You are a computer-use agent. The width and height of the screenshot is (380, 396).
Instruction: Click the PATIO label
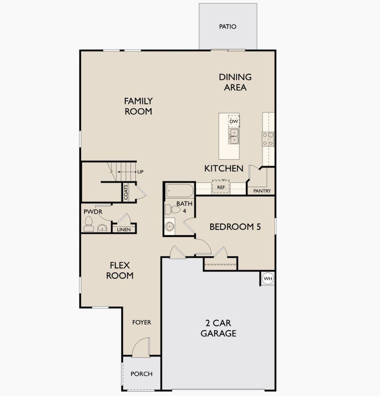pyautogui.click(x=228, y=27)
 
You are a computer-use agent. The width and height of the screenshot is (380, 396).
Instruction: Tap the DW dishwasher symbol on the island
pyautogui.click(x=234, y=121)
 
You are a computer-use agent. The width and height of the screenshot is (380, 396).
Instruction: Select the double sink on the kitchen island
pyautogui.click(x=234, y=136)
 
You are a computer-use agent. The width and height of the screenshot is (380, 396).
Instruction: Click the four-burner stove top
pyautogui.click(x=268, y=139)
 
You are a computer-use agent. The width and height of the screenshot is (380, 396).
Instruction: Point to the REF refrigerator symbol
pyautogui.click(x=221, y=187)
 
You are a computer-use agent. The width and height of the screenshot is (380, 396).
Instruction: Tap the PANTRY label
pyautogui.click(x=262, y=191)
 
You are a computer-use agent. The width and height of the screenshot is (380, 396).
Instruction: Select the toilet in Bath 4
pyautogui.click(x=172, y=209)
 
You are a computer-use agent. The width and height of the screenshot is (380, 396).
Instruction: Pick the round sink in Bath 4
pyautogui.click(x=170, y=226)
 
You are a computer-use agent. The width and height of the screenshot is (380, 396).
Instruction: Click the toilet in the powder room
pyautogui.click(x=88, y=224)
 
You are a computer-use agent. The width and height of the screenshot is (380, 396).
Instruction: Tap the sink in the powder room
pyautogui.click(x=102, y=228)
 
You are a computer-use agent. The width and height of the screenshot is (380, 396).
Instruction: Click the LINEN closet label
pyautogui.click(x=123, y=229)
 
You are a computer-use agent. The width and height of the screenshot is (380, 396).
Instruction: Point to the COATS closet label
pyautogui.click(x=126, y=192)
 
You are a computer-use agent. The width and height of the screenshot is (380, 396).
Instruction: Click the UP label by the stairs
pyautogui.click(x=140, y=172)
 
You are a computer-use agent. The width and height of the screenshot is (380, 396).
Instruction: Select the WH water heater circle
pyautogui.click(x=268, y=278)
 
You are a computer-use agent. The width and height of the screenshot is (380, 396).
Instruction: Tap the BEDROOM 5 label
pyautogui.click(x=235, y=227)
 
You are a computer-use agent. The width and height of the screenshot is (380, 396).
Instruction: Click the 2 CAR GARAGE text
pyautogui.click(x=218, y=328)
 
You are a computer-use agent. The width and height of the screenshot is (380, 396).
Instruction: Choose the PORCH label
pyautogui.click(x=141, y=374)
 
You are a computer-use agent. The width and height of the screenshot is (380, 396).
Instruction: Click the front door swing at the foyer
pyautogui.click(x=140, y=347)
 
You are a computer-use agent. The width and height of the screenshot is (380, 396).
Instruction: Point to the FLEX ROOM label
pyautogui.click(x=120, y=270)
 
